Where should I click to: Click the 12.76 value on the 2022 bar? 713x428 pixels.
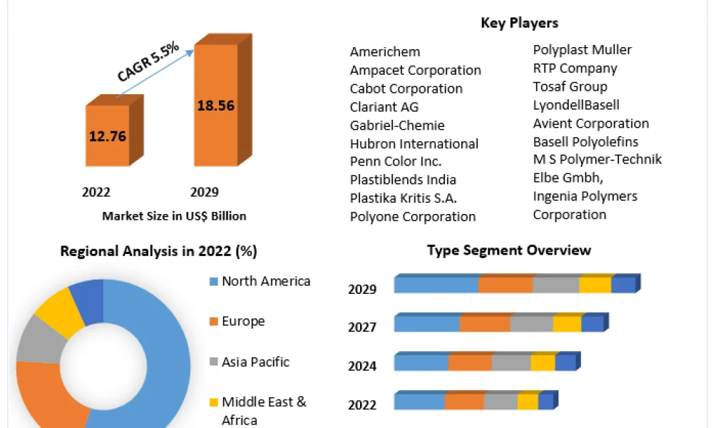coord(108,136)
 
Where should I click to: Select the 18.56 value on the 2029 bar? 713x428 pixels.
coord(215,106)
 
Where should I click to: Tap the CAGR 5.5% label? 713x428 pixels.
coord(148,62)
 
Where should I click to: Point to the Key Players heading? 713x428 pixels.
coord(519,23)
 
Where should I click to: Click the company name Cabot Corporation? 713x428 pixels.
coord(406,88)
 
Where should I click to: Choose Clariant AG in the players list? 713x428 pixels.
coord(384,107)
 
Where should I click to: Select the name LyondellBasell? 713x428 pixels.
coord(576,105)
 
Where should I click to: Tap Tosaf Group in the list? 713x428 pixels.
coord(570,86)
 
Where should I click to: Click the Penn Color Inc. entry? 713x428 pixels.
coord(396,161)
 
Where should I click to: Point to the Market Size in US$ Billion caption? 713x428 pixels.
coord(174,216)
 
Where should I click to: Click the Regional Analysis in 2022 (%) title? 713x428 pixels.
coord(159,251)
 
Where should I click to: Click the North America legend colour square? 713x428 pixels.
coord(214,282)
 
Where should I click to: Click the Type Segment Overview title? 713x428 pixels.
coord(509,250)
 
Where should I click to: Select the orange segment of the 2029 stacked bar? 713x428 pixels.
coord(506,285)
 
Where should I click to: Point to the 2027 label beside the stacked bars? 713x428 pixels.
coord(362,327)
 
